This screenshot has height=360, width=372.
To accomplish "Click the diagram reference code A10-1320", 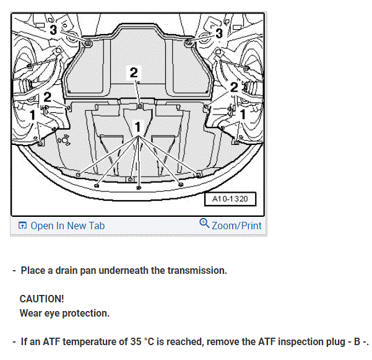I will pos(229,200).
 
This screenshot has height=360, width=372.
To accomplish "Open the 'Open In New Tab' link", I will pos(67,226).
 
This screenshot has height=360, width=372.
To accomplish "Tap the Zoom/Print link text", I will pos(236,226).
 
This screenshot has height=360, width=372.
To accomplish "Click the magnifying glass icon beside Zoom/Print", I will pos(205,224).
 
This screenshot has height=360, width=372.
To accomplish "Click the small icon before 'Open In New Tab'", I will pos(22,226).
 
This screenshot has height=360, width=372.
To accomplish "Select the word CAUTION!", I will pos(41,299).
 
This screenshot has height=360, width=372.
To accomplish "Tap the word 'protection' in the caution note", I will pos(87,313).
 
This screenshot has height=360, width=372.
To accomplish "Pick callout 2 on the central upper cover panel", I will pos(134,72).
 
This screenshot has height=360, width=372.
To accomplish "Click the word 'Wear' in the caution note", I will pos(31,313).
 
